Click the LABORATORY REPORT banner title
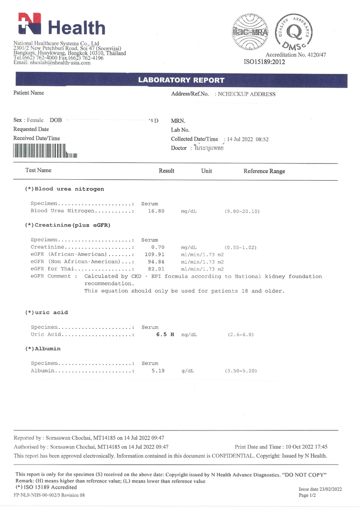[x=181, y=80]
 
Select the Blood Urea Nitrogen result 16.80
[x=156, y=211]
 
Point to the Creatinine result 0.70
[x=158, y=247]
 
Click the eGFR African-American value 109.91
[x=155, y=254]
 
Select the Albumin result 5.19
[x=158, y=371]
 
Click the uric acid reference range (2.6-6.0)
[x=240, y=335]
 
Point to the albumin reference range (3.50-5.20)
[x=240, y=371]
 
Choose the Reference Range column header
[x=264, y=171]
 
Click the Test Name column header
[x=38, y=170]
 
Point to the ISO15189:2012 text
[x=264, y=62]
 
